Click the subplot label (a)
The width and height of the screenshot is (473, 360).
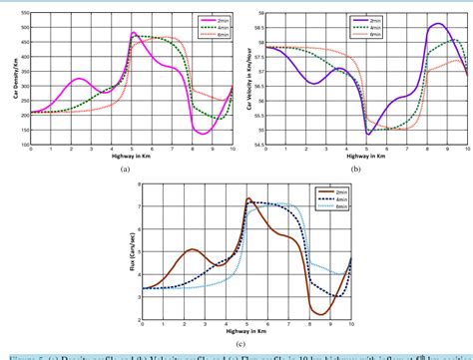(126, 171)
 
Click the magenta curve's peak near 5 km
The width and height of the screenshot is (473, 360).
(133, 32)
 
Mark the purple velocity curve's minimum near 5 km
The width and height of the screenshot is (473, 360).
(369, 134)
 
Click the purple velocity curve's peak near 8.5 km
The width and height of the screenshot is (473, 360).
(436, 24)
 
